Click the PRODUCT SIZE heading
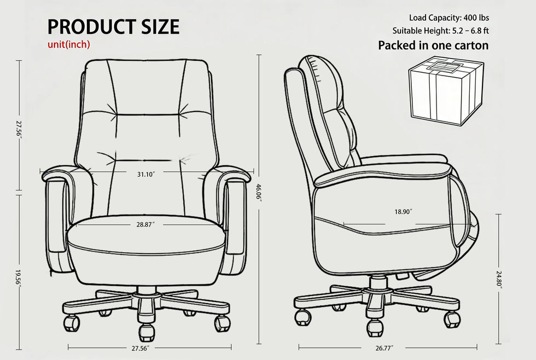pyautogui.click(x=113, y=27)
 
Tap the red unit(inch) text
pyautogui.click(x=69, y=44)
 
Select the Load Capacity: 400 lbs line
pyautogui.click(x=449, y=18)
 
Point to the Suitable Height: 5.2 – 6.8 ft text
pyautogui.click(x=440, y=31)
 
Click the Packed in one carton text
pyautogui.click(x=433, y=45)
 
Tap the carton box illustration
pyautogui.click(x=446, y=90)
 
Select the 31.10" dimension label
pyautogui.click(x=146, y=175)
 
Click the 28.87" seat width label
pyautogui.click(x=145, y=225)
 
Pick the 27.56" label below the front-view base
pyautogui.click(x=141, y=349)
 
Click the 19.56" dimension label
pyautogui.click(x=19, y=279)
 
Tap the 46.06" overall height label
pyautogui.click(x=259, y=193)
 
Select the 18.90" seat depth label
pyautogui.click(x=404, y=212)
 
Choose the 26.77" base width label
pyautogui.click(x=384, y=349)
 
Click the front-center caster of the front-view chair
pyautogui.click(x=147, y=332)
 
